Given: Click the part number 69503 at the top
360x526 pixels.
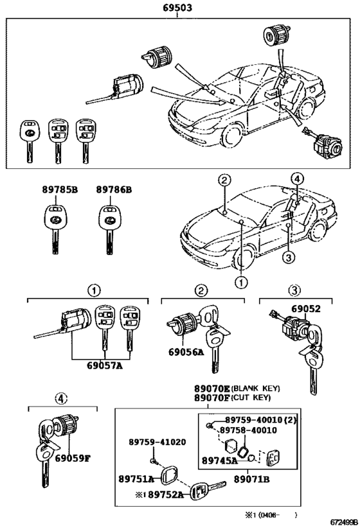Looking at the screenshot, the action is [177, 7].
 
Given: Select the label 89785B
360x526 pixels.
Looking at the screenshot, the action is [60, 189].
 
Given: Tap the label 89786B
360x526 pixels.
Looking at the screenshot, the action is [114, 189].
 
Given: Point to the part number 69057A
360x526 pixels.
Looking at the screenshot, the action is [104, 365].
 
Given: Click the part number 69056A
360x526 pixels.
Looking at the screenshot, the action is [186, 352].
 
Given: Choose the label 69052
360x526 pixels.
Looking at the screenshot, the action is [305, 309].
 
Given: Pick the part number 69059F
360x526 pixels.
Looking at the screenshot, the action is [73, 458].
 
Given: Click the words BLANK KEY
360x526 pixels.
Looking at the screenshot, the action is [256, 389].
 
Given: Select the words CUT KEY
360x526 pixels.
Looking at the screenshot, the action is [252, 398].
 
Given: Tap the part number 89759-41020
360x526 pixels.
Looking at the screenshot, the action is [157, 442].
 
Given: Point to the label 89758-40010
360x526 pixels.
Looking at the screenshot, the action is [248, 430].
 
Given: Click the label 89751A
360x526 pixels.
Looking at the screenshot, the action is [136, 478].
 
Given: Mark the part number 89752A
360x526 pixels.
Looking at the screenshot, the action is [166, 494].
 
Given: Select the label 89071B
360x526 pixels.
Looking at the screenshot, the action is [251, 479].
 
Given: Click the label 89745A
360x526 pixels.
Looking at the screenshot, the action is [220, 460].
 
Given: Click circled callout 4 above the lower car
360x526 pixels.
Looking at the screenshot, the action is [297, 178].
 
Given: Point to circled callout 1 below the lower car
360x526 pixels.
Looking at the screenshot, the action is [241, 282].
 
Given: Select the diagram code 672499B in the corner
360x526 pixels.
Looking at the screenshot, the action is [345, 522].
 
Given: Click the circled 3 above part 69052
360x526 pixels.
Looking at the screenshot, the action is [294, 290].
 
